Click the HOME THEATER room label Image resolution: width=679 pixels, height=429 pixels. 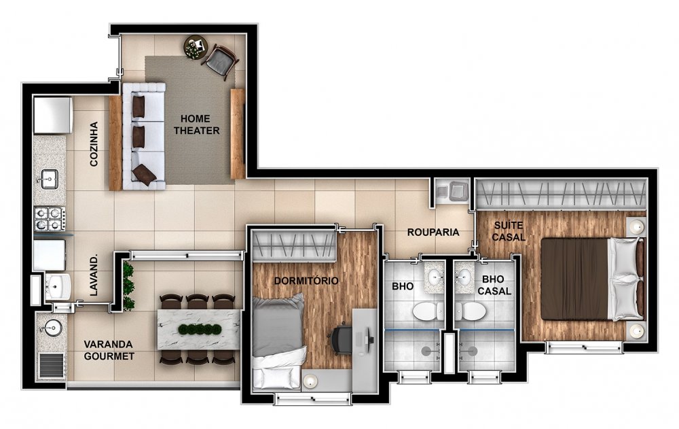[x=197, y=124]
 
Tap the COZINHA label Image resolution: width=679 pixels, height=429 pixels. [x=94, y=144]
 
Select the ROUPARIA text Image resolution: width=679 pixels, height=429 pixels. [x=433, y=232]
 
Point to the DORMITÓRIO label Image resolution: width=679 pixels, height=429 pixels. [x=306, y=281]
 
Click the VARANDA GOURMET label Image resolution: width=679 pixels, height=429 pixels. [x=109, y=350]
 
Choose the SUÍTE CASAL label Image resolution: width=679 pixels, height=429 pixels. [x=509, y=231]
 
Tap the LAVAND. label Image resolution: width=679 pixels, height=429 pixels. [x=94, y=275]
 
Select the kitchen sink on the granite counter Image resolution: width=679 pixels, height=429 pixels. [x=50, y=179]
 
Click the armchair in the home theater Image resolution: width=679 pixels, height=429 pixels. [x=221, y=61]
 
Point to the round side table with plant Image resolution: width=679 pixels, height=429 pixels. [x=196, y=46]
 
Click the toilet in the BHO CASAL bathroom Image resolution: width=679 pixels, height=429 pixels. [x=471, y=311]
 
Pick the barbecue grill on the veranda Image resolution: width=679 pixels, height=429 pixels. [x=52, y=366]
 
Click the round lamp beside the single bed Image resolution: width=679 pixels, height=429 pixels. [x=310, y=381]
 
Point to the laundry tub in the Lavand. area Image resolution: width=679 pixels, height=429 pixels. [x=58, y=286]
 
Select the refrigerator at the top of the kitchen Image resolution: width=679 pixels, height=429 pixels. [x=53, y=115]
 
